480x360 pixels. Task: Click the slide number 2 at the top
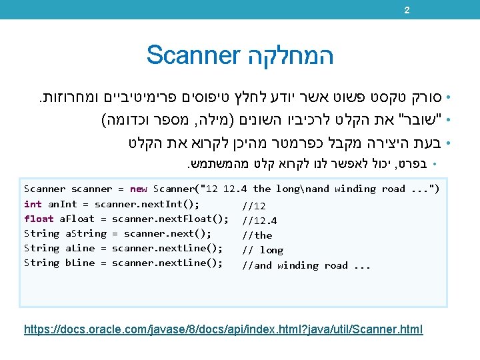tap(407, 9)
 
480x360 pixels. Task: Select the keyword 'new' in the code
tap(139, 189)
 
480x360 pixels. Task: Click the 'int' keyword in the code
tap(33, 204)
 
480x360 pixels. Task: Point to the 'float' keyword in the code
tap(38, 219)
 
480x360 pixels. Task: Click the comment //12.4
tap(260, 221)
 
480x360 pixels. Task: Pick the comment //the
tap(257, 235)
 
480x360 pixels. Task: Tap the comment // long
tap(262, 250)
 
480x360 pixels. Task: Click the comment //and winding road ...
tap(306, 265)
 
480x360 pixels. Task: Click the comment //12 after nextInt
tap(254, 206)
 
